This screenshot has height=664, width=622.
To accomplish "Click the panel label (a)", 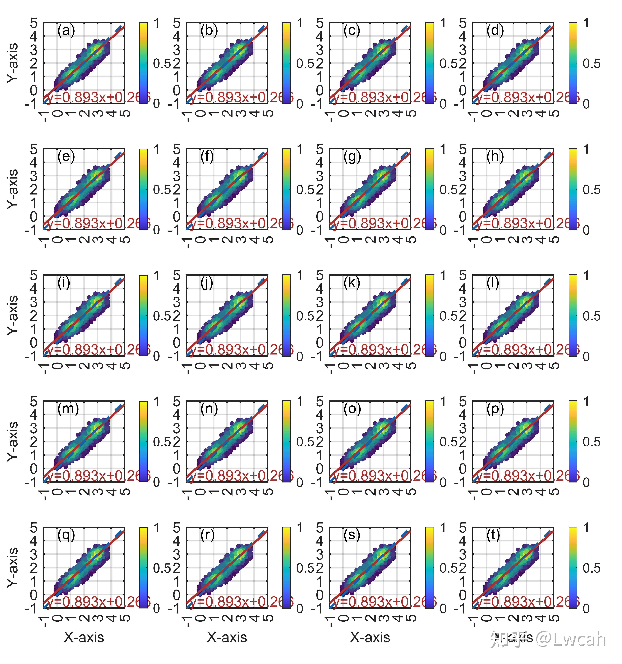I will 66,31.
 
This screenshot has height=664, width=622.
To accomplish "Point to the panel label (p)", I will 495,409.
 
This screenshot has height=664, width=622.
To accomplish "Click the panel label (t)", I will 493,535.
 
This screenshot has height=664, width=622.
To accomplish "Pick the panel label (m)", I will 68,409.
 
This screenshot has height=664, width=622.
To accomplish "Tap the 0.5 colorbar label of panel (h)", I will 591,190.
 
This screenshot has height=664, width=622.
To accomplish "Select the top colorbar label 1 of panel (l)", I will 586,276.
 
